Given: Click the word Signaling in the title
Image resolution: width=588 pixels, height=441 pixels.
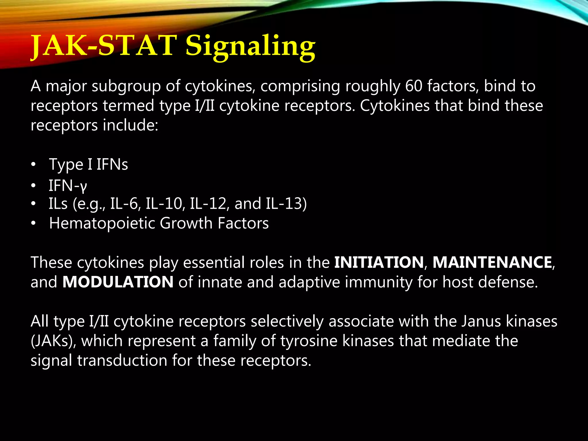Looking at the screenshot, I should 250,46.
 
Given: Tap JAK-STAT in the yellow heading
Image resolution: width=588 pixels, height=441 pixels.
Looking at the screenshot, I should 103,46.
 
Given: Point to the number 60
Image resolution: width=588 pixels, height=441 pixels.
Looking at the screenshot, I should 414,86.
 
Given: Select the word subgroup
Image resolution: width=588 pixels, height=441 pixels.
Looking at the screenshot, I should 126,86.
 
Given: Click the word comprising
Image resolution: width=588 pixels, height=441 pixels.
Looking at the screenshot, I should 300,86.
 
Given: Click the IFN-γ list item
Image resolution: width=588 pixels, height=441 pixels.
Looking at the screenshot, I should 67,185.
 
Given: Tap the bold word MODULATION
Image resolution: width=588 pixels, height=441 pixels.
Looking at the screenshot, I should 118,282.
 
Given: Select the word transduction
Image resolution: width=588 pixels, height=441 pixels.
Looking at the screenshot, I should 122,360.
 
